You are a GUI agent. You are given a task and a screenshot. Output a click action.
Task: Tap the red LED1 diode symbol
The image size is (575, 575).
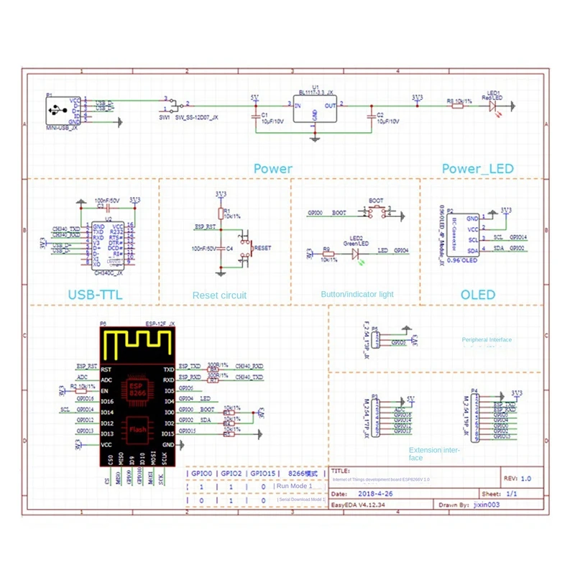(493, 104)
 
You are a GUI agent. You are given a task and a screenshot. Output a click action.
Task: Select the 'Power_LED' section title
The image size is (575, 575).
(478, 169)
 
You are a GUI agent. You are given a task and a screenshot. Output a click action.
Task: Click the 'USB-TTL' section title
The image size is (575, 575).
(93, 295)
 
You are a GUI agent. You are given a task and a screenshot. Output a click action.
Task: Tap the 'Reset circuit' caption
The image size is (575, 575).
(219, 295)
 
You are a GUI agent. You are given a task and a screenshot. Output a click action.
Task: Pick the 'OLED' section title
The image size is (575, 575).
(478, 295)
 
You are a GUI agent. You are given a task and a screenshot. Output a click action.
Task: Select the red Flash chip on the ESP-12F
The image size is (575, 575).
(137, 429)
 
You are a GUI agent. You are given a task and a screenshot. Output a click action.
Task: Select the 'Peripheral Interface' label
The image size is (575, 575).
(487, 340)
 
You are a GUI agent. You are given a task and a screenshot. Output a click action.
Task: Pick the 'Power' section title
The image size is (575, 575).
(272, 169)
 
